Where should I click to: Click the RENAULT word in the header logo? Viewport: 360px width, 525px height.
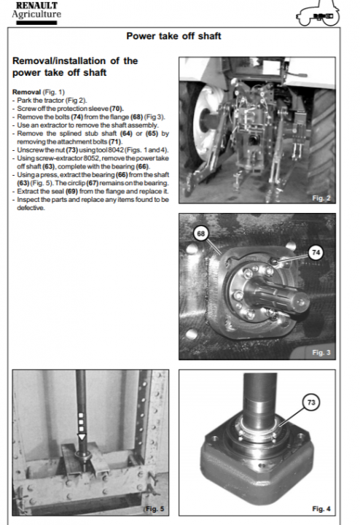click(37, 6)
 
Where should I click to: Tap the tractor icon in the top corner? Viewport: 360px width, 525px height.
click(318, 14)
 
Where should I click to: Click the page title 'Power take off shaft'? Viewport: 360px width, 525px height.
click(173, 36)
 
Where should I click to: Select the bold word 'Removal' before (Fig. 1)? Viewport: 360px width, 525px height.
click(26, 92)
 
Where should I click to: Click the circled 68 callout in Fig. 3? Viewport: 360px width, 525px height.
click(200, 233)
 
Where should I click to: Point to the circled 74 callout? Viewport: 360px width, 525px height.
click(316, 252)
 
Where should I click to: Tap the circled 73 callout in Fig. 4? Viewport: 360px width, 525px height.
click(311, 402)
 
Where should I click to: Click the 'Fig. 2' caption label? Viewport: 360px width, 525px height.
click(321, 198)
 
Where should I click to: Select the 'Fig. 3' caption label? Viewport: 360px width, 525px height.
click(321, 353)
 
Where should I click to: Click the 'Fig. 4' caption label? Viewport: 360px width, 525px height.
click(321, 509)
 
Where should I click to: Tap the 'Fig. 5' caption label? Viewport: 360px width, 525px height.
click(155, 509)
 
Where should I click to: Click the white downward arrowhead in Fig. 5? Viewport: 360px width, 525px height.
click(82, 437)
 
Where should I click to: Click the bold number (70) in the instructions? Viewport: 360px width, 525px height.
click(117, 109)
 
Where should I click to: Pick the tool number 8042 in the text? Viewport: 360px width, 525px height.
click(116, 150)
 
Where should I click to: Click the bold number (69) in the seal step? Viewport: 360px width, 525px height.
click(71, 191)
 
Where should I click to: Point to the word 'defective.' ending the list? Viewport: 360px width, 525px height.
click(31, 208)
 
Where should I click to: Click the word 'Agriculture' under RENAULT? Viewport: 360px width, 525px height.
click(36, 15)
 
